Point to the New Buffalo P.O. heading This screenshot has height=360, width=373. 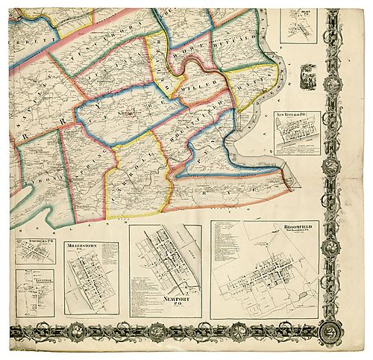click(297, 114)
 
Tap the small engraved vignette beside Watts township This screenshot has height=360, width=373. click(307, 74)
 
